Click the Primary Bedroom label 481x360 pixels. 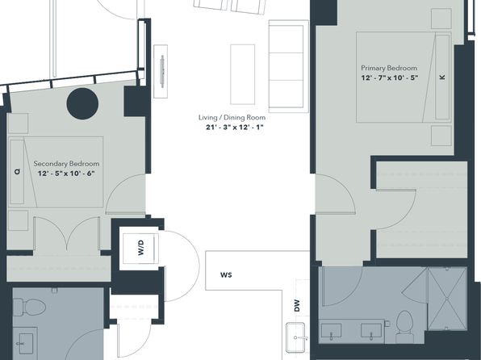(x=389, y=68)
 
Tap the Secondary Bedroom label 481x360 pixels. (x=66, y=164)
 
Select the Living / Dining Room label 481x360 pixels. (x=232, y=118)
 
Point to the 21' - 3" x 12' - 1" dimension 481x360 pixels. (x=235, y=128)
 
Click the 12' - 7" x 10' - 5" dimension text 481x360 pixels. (x=390, y=78)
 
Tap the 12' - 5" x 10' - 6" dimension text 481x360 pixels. (x=66, y=174)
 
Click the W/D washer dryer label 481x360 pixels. (x=140, y=248)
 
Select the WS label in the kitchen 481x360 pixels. (x=226, y=275)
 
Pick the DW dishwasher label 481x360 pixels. (x=297, y=306)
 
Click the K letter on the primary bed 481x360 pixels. (x=442, y=77)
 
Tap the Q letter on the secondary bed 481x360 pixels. (x=17, y=172)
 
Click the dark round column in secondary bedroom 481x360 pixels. (x=82, y=104)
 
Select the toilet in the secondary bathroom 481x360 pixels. (x=29, y=308)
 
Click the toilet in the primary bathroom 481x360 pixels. (x=404, y=326)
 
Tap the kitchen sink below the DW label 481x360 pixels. (x=295, y=337)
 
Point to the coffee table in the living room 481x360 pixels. (x=243, y=74)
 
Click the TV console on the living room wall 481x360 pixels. (x=161, y=72)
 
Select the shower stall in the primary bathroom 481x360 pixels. (x=448, y=299)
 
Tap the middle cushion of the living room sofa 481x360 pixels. (x=287, y=66)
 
